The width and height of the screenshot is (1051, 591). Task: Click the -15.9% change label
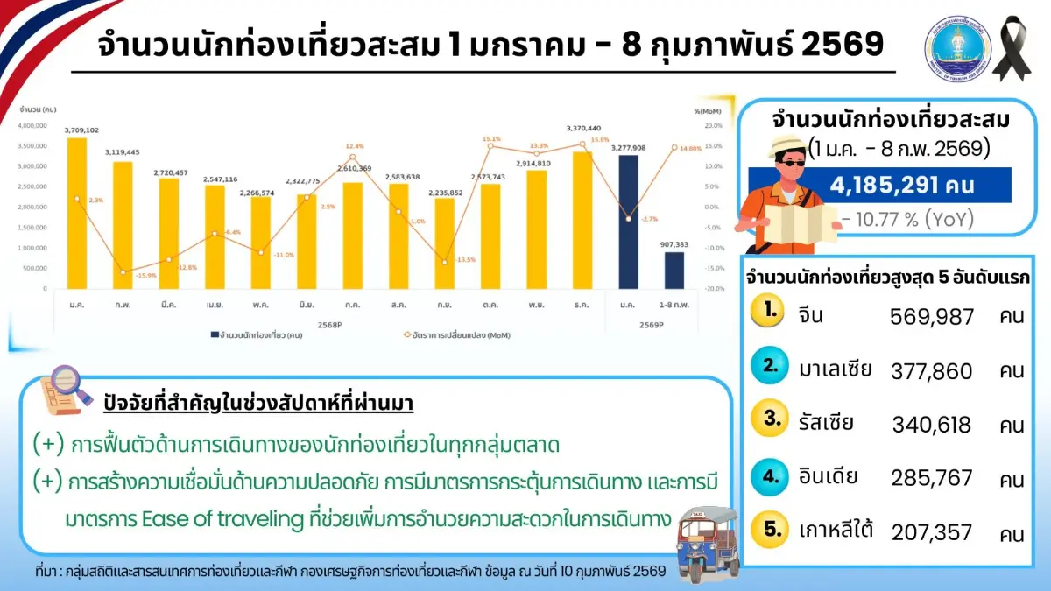pyautogui.click(x=122, y=277)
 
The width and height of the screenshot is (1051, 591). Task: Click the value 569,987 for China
pyautogui.click(x=932, y=317)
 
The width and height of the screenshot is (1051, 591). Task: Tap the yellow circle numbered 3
pyautogui.click(x=772, y=420)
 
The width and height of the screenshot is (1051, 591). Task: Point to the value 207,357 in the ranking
pyautogui.click(x=932, y=532)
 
